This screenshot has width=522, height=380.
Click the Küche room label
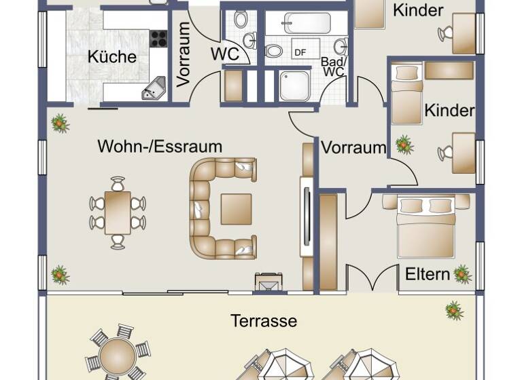coord(112,57)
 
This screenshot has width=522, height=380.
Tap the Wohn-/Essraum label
coord(160,146)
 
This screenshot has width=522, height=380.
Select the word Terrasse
coord(264,320)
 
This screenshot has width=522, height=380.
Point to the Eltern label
coord(428,274)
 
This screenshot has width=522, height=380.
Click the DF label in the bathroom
coord(300,52)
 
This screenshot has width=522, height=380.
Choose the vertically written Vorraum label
coord(184,54)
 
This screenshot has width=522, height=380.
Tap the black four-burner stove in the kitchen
coord(158,38)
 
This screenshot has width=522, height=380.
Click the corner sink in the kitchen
coord(154,88)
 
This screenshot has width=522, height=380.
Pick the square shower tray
coord(294,85)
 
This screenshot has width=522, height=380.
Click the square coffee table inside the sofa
coord(236,208)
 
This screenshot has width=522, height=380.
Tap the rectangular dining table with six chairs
coord(118,212)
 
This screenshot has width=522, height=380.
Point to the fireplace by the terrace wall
coord(268,281)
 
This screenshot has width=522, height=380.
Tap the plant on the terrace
coord(454,311)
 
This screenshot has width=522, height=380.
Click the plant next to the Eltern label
coord(463,274)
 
